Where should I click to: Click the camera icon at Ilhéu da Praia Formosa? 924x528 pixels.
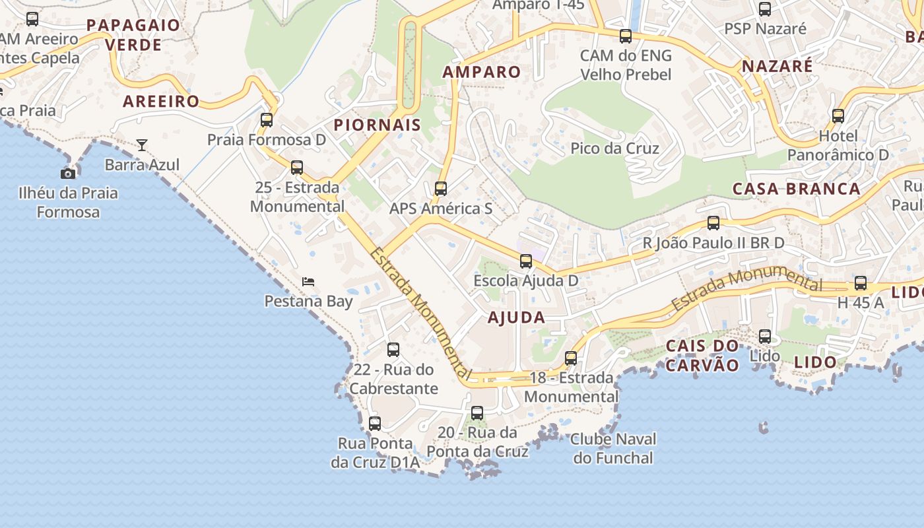(x=68, y=174)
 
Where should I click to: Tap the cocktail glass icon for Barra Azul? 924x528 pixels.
(x=142, y=145)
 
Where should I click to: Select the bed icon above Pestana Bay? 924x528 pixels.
(x=308, y=282)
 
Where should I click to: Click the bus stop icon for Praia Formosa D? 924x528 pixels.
(x=267, y=120)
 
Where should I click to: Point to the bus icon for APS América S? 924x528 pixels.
(x=441, y=189)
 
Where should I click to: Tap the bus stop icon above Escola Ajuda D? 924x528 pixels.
(x=526, y=261)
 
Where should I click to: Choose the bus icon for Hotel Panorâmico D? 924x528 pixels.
(x=838, y=116)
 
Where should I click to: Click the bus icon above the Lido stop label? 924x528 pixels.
(x=765, y=337)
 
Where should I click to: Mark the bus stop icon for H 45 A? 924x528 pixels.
(x=861, y=283)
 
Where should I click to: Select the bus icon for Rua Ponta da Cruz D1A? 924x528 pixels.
(x=375, y=424)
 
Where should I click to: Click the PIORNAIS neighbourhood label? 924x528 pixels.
(x=377, y=125)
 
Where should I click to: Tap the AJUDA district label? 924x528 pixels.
(x=516, y=317)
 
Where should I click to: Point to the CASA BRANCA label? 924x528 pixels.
(x=797, y=189)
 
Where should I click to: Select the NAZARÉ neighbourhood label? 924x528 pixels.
(x=777, y=67)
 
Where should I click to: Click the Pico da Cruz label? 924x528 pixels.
(x=614, y=148)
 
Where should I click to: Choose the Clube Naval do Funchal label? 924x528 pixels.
(x=613, y=448)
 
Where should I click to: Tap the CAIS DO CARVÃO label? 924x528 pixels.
(x=702, y=355)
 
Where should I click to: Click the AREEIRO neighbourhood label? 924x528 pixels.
(x=161, y=101)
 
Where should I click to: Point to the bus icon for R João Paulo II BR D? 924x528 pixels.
(x=713, y=223)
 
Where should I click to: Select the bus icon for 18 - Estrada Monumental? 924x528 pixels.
(x=571, y=358)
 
